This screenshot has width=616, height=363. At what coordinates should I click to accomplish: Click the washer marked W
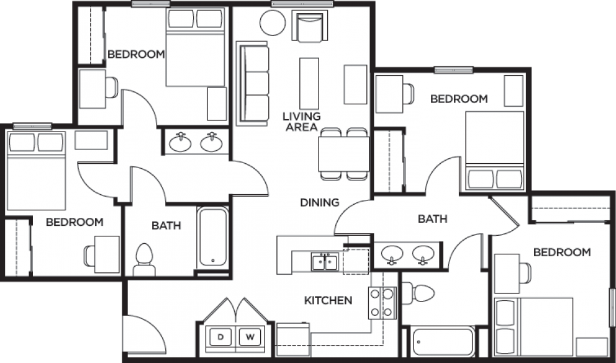click(x=250, y=337)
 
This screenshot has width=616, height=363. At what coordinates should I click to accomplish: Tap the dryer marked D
click(x=220, y=337)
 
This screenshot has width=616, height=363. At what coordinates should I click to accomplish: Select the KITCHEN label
click(x=328, y=301)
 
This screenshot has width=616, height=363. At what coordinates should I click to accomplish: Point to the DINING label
click(x=319, y=202)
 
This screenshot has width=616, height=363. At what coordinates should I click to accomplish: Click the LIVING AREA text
click(x=301, y=122)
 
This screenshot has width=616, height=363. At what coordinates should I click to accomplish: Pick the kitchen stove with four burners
click(x=382, y=303)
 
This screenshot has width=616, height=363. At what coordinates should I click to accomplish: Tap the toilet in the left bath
click(x=144, y=259)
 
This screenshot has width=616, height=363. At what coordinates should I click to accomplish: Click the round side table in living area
click(x=272, y=24)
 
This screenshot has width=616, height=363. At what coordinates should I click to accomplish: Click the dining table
click(x=343, y=154)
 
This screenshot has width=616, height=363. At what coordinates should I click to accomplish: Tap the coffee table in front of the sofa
click(x=309, y=83)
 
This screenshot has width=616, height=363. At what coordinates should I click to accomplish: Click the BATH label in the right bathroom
click(x=432, y=219)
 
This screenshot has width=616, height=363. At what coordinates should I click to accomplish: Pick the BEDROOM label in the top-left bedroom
click(x=136, y=54)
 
